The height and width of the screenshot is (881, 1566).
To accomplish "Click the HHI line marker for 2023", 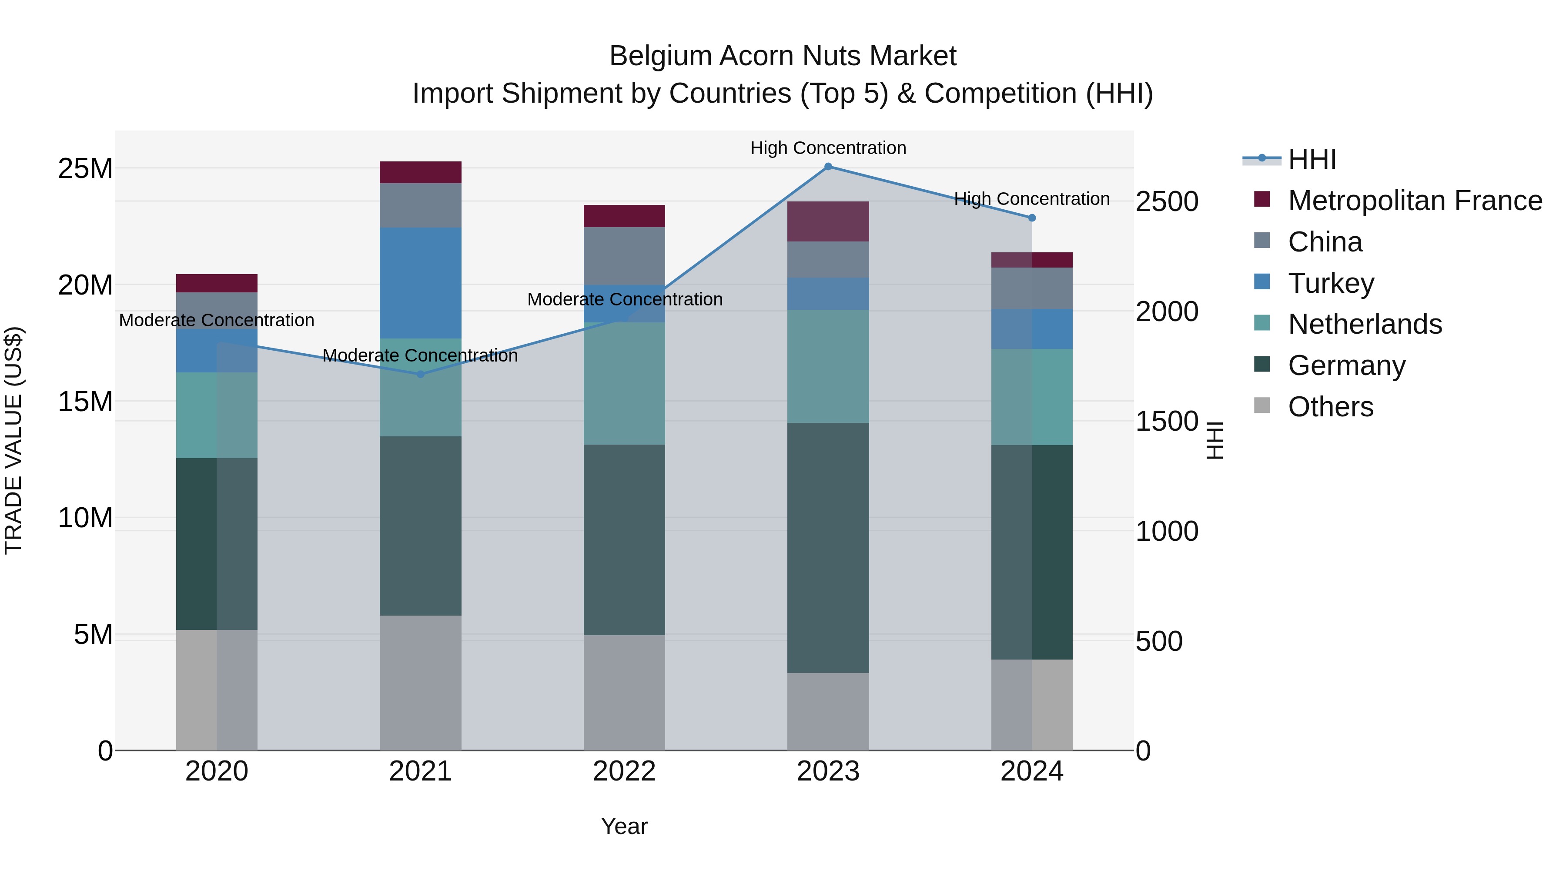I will [828, 167].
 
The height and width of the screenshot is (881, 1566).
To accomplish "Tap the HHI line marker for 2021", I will [420, 374].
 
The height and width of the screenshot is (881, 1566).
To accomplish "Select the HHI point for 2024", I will [1032, 218].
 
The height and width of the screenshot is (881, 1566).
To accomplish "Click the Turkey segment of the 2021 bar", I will [420, 283].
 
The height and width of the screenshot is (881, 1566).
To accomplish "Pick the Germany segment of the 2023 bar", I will [828, 547].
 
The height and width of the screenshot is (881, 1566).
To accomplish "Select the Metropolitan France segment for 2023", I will [828, 221].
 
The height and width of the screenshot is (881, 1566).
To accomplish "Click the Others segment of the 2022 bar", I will [624, 693].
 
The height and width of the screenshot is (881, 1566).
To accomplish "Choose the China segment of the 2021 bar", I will [420, 205].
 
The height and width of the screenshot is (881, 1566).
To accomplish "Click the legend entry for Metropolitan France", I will [1414, 201].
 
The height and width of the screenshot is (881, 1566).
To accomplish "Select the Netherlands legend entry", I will [1364, 324].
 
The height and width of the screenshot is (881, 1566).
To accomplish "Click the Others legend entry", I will [1330, 407].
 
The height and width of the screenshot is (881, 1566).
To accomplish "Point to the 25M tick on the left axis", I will [85, 168].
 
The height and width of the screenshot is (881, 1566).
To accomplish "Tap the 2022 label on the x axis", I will [624, 771].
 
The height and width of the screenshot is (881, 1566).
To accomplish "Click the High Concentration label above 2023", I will [828, 148].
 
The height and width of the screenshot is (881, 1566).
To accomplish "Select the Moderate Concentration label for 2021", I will [420, 356].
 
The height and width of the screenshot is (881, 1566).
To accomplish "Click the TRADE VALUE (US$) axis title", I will [13, 440].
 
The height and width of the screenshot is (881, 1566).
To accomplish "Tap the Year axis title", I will [624, 826].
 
